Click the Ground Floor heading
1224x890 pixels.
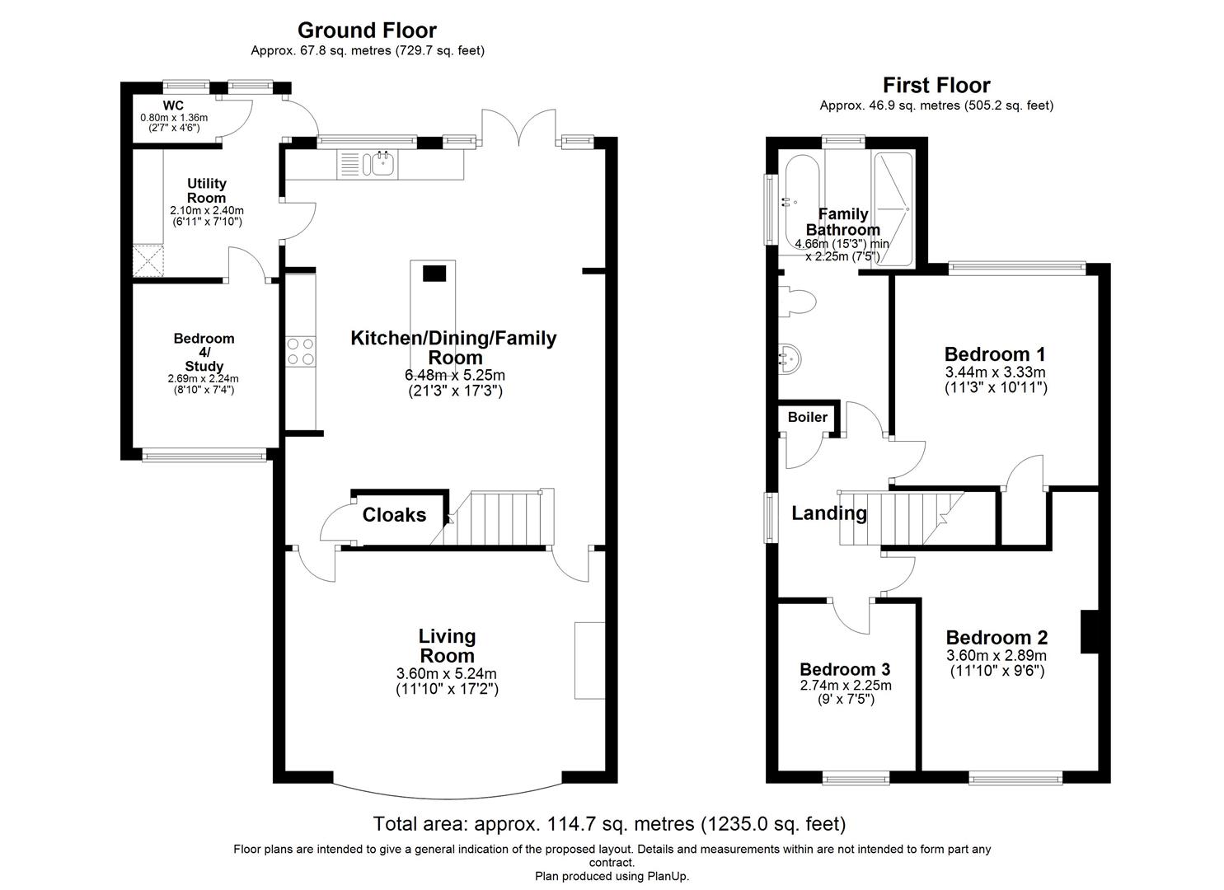pyautogui.click(x=367, y=30)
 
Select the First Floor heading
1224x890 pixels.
pyautogui.click(x=936, y=85)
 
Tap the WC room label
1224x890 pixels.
pyautogui.click(x=173, y=105)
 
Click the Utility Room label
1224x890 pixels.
pyautogui.click(x=206, y=190)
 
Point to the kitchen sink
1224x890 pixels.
pyautogui.click(x=382, y=165)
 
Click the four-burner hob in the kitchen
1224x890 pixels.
pyautogui.click(x=300, y=351)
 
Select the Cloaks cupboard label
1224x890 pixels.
pyautogui.click(x=394, y=515)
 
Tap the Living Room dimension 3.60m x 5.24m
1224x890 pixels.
pyautogui.click(x=447, y=673)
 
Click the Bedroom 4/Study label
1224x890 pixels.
pyautogui.click(x=204, y=352)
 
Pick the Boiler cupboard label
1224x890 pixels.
pyautogui.click(x=807, y=417)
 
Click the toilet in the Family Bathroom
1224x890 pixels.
pyautogui.click(x=798, y=301)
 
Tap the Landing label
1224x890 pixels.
pyautogui.click(x=828, y=513)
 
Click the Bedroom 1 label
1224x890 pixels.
pyautogui.click(x=995, y=354)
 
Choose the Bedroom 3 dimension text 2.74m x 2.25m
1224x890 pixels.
pyautogui.click(x=845, y=686)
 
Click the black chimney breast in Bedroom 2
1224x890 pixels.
pyautogui.click(x=1090, y=631)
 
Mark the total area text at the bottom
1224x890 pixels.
pyautogui.click(x=609, y=823)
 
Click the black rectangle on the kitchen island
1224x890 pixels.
pyautogui.click(x=434, y=274)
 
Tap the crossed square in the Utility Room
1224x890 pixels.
pyautogui.click(x=148, y=261)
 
